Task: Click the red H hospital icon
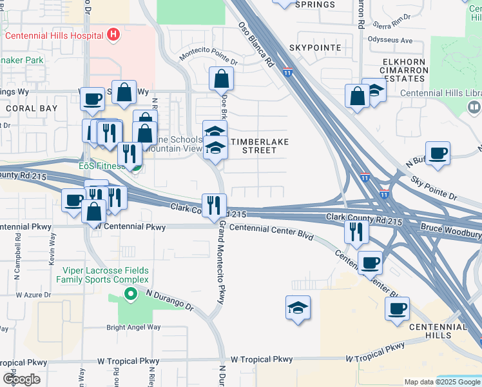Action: point(113,35)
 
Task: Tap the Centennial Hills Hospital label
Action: point(55,35)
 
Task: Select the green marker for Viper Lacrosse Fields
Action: point(131,295)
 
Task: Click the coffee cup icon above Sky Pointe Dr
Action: point(438,154)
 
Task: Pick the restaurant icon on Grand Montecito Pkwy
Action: point(214,206)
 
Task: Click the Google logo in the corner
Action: point(21,379)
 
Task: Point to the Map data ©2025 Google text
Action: point(441,382)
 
